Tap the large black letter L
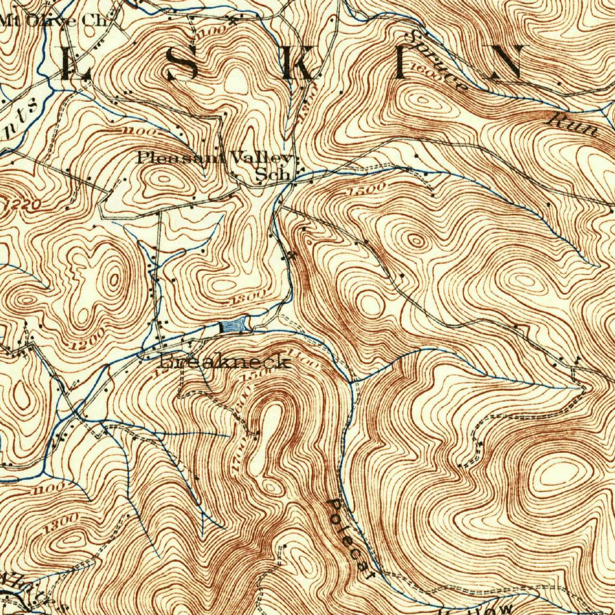tap(75, 63)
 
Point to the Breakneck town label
tap(225, 362)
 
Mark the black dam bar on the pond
tap(222, 327)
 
